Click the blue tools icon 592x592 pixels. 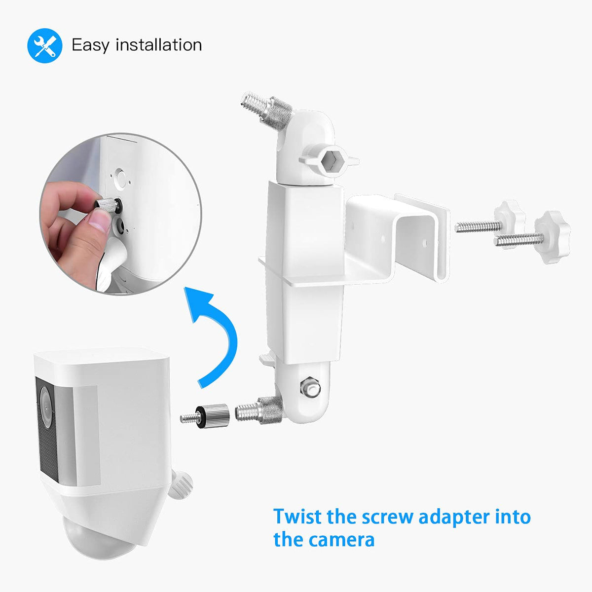click(45, 45)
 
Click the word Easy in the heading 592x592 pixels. click(90, 45)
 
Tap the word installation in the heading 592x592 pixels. click(158, 44)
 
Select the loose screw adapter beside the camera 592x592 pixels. click(205, 416)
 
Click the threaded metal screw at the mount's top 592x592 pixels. click(266, 111)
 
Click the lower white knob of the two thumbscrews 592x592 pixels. click(552, 237)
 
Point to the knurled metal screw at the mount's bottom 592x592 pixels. click(259, 410)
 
